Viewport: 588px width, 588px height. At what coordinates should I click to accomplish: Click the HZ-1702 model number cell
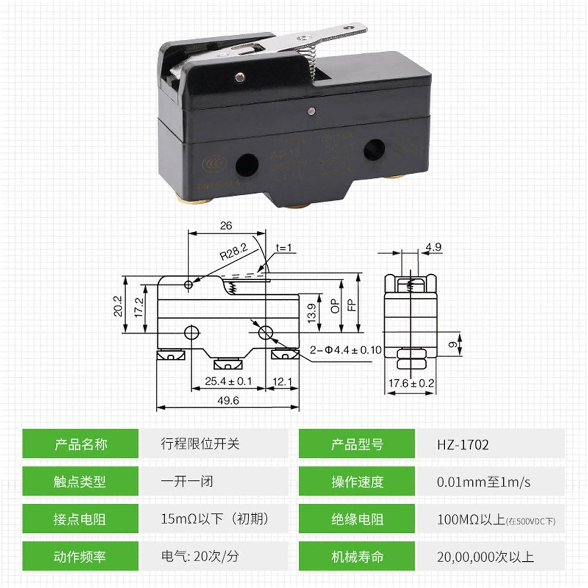pyautogui.click(x=463, y=445)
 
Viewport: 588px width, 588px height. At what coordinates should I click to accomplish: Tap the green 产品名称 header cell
pyautogui.click(x=80, y=444)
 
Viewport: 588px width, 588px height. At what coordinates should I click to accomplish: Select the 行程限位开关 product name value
pyautogui.click(x=200, y=444)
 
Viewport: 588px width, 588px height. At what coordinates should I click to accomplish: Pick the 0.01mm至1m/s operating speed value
pyautogui.click(x=484, y=482)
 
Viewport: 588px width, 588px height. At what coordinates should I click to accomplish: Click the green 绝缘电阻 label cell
pyautogui.click(x=357, y=519)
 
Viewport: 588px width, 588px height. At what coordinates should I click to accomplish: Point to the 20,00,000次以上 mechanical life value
pyautogui.click(x=485, y=557)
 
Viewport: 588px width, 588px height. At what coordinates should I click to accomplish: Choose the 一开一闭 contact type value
pyautogui.click(x=187, y=481)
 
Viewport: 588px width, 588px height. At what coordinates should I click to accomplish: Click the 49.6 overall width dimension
pyautogui.click(x=228, y=401)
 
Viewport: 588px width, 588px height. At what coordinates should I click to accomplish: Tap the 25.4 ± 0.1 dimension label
pyautogui.click(x=228, y=381)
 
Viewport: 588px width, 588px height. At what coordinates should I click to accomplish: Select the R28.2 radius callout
pyautogui.click(x=234, y=252)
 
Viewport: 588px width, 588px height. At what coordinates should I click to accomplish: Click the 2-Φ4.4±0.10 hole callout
pyautogui.click(x=345, y=350)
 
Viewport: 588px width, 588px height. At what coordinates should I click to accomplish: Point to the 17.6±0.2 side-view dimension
pyautogui.click(x=411, y=383)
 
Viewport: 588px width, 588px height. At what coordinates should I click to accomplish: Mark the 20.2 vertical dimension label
pyautogui.click(x=118, y=306)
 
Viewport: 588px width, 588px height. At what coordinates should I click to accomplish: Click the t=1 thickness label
pyautogui.click(x=284, y=248)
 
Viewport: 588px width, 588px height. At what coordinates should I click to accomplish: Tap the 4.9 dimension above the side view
pyautogui.click(x=433, y=247)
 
